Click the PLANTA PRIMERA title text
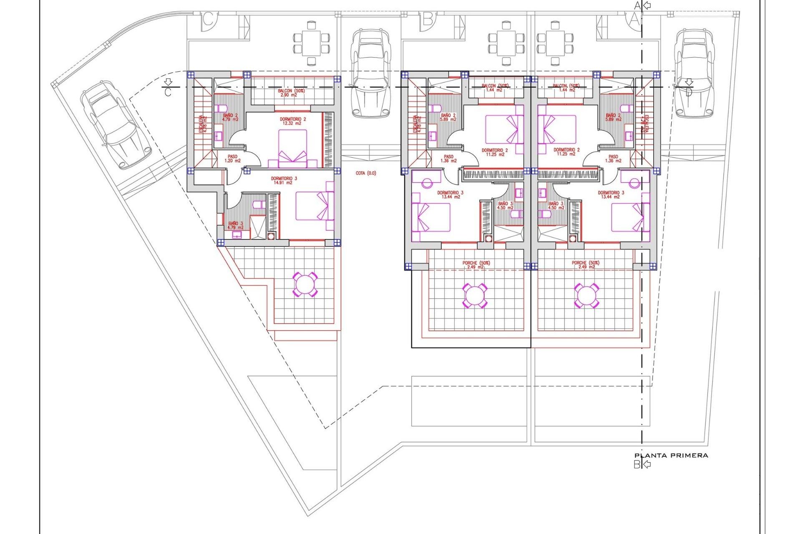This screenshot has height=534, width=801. tap(671, 456)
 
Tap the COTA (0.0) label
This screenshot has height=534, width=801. tap(366, 173)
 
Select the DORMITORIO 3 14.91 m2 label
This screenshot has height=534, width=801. tap(284, 181)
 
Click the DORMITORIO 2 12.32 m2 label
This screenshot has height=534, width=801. tap(292, 121)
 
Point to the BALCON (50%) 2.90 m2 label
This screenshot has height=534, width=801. tap(291, 93)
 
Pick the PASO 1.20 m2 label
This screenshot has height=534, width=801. tap(232, 159)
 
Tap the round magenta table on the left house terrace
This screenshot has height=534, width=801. tap(305, 285)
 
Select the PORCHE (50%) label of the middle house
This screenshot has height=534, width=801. tap(476, 264)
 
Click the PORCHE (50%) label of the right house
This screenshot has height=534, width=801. tap(585, 264)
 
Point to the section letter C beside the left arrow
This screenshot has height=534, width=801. tap(168, 92)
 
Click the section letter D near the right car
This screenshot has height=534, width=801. tap(688, 93)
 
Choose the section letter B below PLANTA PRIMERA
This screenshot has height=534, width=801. tap(637, 464)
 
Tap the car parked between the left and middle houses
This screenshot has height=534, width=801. tap(370, 74)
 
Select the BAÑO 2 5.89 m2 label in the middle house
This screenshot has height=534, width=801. tap(448, 117)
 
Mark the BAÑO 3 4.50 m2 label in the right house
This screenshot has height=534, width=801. tap(555, 206)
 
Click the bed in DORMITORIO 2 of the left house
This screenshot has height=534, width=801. tap(292, 149)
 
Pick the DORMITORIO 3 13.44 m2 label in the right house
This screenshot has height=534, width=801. tap(611, 195)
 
